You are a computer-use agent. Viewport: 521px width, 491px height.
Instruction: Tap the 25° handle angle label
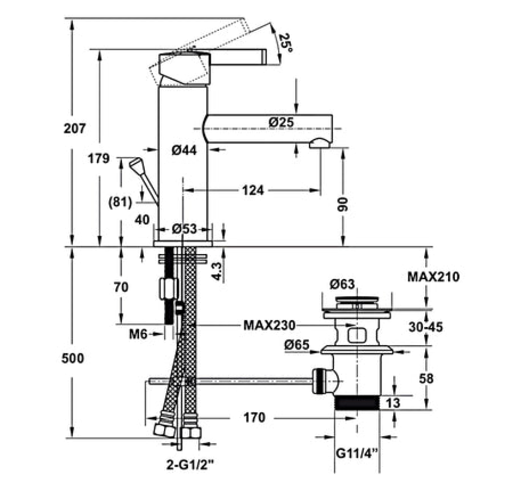pos(285,43)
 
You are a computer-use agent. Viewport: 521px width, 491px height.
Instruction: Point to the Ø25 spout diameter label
pos(281,122)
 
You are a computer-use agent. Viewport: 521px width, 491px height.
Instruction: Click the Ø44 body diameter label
pos(183,150)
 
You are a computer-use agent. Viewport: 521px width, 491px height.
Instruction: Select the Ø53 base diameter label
pos(183,229)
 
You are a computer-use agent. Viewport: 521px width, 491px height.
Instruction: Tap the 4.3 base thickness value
pos(218,271)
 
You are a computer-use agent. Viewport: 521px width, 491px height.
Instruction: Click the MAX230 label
pos(269,325)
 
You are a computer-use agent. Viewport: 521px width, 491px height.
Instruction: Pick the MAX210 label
pos(433,276)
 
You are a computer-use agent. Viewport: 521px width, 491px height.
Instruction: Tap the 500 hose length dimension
pos(73,358)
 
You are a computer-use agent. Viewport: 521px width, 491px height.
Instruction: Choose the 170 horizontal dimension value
pos(254,417)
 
